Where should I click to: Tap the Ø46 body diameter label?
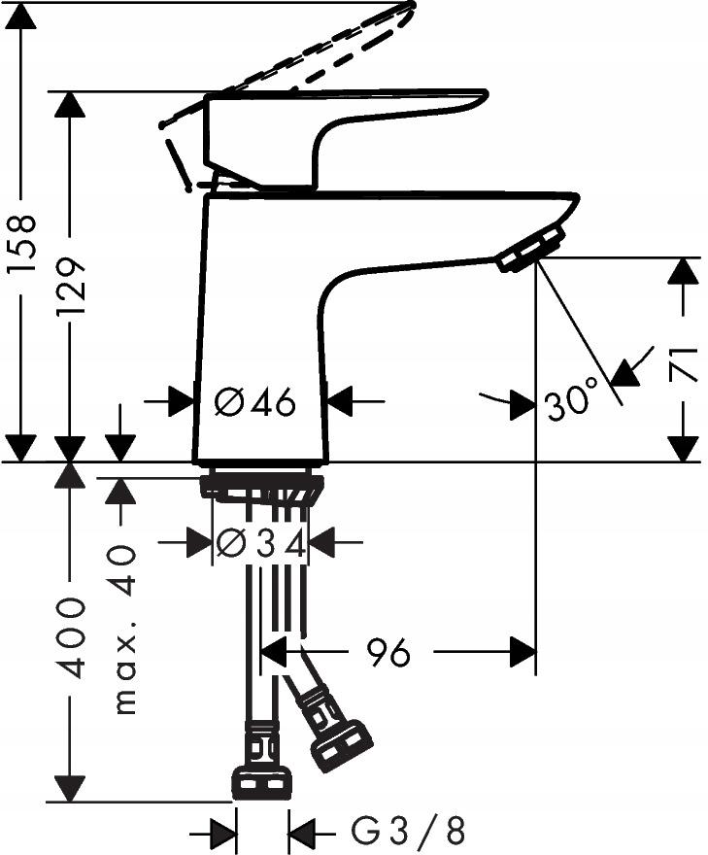[254, 401]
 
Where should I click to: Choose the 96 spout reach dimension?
[388, 654]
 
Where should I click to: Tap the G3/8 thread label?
[408, 832]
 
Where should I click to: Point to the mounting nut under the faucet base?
[260, 486]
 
